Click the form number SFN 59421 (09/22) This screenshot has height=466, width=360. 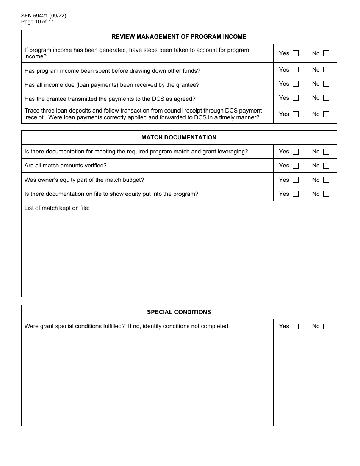coord(41,16)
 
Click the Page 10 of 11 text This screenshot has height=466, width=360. coord(38,22)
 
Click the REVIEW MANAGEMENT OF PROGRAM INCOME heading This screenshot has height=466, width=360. coord(179,37)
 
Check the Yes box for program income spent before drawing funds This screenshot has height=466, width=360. coord(296,70)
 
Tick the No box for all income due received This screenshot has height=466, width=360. coord(326,84)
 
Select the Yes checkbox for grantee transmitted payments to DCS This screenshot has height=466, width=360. coord(296,98)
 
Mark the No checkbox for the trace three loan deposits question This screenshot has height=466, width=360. coord(326,114)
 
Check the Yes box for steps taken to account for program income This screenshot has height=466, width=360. coord(296,53)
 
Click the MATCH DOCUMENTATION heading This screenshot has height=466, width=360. coord(179,138)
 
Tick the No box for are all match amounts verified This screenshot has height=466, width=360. coord(326,166)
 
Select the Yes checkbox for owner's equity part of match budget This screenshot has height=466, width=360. coord(296,180)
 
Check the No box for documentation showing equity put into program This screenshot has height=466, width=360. coord(326,194)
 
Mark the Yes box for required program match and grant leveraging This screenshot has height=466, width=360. coord(296,152)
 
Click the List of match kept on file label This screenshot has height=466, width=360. coord(57,208)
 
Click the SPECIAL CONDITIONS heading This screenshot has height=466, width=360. coord(179,312)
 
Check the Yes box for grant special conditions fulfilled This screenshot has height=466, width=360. coord(296,326)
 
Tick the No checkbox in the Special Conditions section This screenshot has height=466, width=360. coord(326,326)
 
